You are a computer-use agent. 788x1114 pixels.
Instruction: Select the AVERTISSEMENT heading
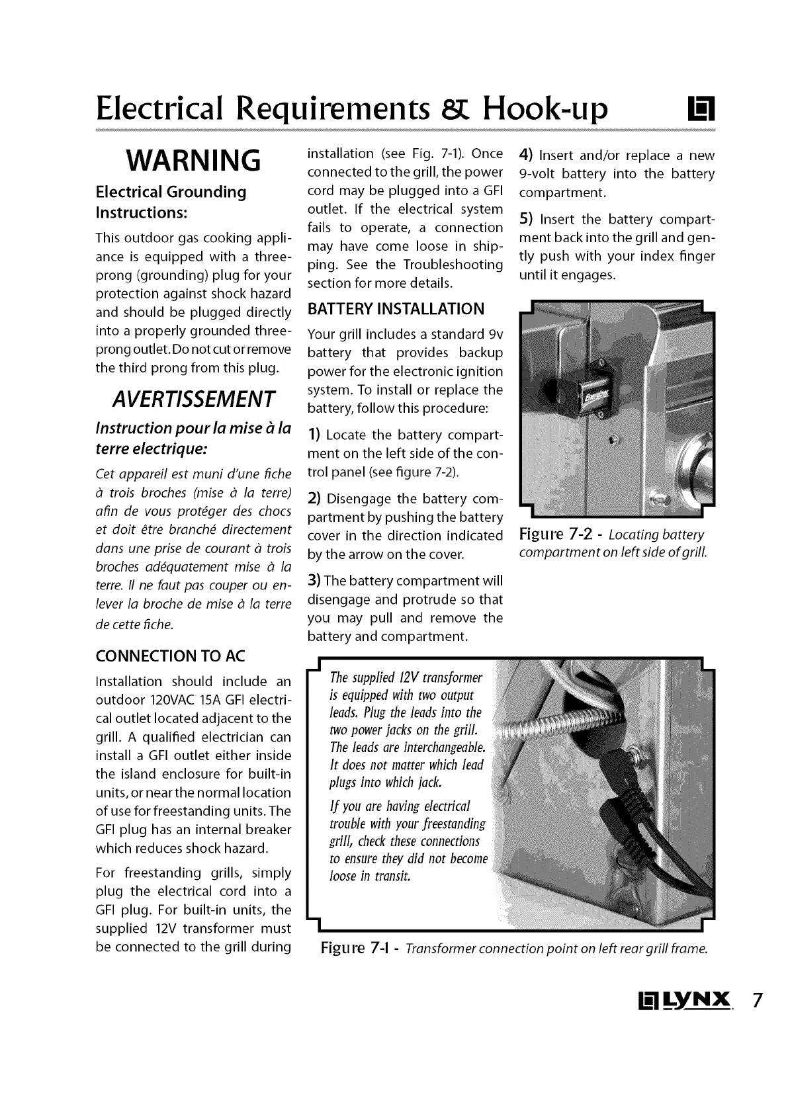pos(193,399)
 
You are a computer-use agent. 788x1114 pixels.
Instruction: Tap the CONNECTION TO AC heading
pos(170,656)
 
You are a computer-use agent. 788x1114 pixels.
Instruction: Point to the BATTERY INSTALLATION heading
pos(396,309)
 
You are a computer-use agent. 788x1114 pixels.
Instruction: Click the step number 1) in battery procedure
pos(314,435)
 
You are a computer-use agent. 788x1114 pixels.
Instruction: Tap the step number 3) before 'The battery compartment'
pos(314,581)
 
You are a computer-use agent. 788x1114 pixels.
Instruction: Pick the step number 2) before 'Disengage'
pos(314,498)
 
